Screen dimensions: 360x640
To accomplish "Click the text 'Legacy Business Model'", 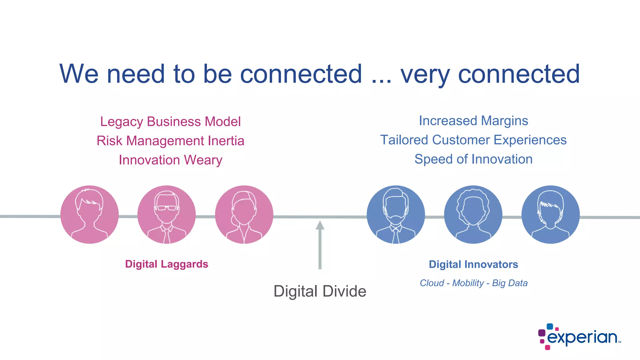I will tap(170, 122).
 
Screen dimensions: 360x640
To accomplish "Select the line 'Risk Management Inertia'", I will tap(170, 141).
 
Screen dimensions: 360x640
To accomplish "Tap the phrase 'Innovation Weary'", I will tap(170, 160).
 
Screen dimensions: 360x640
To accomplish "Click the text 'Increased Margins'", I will tap(473, 121).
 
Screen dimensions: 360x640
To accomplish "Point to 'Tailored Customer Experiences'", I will tap(473, 140).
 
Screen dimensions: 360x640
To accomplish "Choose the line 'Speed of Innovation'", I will tap(473, 159).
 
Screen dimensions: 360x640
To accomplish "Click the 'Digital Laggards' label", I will tap(167, 264).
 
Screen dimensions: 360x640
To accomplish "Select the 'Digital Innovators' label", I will tap(473, 264).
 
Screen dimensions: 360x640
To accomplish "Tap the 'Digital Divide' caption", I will tap(320, 291).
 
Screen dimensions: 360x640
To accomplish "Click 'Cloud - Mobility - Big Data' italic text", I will tap(473, 283).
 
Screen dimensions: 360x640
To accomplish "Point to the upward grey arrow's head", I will tap(320, 225).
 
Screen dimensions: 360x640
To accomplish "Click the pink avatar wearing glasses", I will tap(167, 214).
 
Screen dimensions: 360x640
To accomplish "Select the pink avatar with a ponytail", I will tap(244, 214).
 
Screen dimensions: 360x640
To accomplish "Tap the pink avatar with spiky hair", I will tap(89, 214).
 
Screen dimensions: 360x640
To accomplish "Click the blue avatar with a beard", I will tap(396, 214).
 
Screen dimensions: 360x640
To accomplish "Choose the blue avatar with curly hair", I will tap(473, 214).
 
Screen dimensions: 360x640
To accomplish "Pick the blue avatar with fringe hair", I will tap(551, 214).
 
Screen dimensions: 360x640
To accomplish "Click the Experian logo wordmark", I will tap(582, 337).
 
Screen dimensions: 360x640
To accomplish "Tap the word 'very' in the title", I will tap(425, 74).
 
